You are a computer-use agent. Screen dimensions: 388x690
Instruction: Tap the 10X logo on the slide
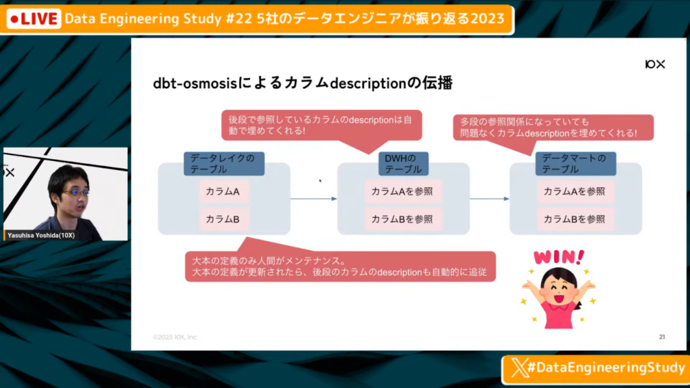click(x=654, y=64)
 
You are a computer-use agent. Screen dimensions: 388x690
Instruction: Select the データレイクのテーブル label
click(x=223, y=164)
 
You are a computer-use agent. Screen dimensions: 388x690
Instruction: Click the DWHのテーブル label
click(x=403, y=164)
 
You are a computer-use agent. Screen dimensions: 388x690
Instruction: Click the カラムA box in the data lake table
click(x=223, y=191)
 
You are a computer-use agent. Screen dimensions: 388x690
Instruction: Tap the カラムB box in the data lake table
click(x=223, y=219)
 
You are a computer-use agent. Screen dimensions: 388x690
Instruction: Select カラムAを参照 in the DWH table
click(x=403, y=191)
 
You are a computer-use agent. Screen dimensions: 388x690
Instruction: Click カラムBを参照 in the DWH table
click(x=403, y=219)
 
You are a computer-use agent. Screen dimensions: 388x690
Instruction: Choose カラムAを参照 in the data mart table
click(x=575, y=191)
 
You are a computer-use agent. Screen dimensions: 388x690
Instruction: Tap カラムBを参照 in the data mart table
click(x=575, y=219)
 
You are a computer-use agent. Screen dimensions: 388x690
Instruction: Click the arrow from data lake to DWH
click(x=313, y=199)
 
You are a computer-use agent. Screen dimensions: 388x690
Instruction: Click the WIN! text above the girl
click(x=559, y=257)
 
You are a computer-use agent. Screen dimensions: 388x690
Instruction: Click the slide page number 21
click(x=661, y=336)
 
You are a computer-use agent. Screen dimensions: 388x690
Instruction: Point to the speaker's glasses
click(x=75, y=193)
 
